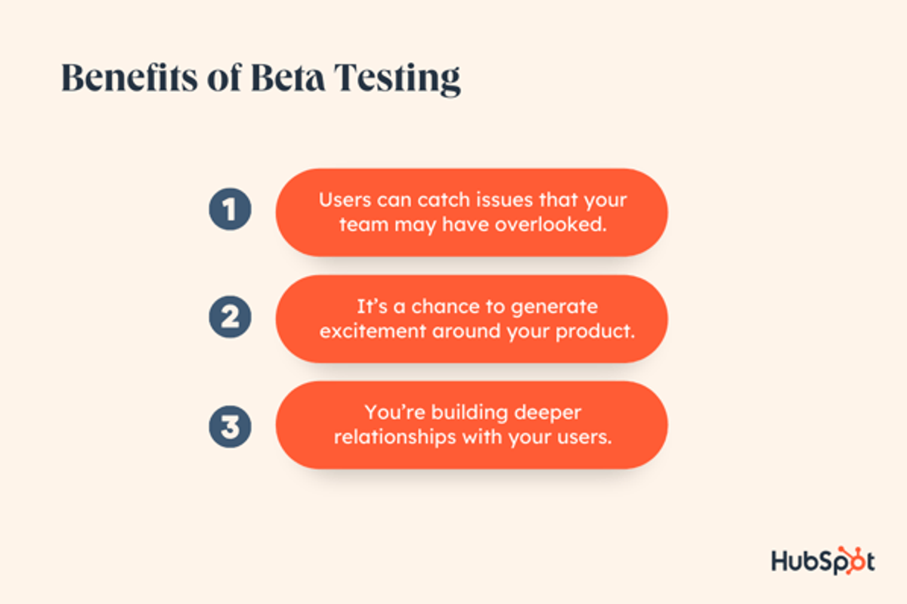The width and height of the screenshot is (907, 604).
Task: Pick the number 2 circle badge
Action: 230,317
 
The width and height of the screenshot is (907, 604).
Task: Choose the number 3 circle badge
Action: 230,426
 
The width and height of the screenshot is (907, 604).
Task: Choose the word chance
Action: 437,307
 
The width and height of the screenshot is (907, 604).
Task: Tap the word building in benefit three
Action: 460,413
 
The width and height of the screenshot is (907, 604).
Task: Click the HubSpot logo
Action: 822,561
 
